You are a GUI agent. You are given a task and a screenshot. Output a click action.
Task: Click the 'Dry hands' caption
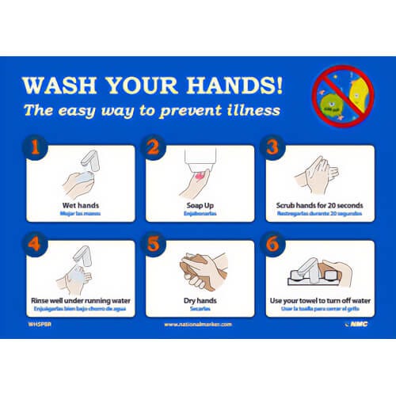click(x=200, y=302)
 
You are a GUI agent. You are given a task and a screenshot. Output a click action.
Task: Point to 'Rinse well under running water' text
click(x=81, y=302)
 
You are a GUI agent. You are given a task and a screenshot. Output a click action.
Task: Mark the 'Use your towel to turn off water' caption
click(x=320, y=302)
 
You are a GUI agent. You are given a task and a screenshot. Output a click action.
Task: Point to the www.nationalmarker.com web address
click(x=198, y=325)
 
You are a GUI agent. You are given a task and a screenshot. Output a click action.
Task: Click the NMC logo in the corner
click(x=360, y=325)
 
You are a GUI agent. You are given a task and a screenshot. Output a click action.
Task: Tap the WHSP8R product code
click(x=37, y=325)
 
